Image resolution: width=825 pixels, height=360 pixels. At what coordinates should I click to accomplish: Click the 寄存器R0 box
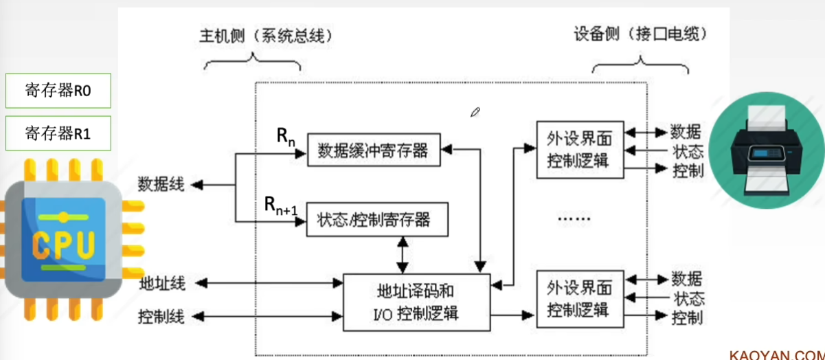coord(58,91)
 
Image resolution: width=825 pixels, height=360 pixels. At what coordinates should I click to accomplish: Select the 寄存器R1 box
coord(58,133)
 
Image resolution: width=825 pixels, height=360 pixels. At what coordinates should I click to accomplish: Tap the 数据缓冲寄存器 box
coord(374,150)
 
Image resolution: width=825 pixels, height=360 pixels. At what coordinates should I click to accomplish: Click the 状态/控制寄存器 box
coord(377,219)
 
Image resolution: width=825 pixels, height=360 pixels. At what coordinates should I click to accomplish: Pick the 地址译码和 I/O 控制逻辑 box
coord(416,302)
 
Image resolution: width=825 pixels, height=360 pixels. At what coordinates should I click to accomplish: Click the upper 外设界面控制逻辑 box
coord(580,150)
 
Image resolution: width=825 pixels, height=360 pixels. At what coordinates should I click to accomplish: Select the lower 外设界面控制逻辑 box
coord(580,299)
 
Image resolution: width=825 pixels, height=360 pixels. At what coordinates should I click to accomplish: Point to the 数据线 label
coord(161,184)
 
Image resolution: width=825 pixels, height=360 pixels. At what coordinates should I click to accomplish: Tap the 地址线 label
coord(162,284)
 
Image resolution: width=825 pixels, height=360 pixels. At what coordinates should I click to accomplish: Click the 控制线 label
coord(161,317)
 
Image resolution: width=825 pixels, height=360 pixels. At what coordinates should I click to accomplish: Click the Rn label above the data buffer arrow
coord(286,137)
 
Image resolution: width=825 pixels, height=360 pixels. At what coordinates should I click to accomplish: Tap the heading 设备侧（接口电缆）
coord(640,34)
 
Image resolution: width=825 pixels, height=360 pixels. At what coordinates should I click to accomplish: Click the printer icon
coord(766,150)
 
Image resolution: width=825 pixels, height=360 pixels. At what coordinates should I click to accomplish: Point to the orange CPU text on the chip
coord(63,244)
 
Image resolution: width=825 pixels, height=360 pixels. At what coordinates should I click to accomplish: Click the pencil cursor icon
coord(475,113)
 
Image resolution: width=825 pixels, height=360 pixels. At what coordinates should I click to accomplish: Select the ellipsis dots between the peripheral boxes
coord(574,219)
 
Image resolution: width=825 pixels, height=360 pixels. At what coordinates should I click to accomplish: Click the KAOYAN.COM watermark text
coord(777,355)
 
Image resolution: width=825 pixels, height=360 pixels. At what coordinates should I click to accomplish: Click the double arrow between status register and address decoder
coord(403,255)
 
